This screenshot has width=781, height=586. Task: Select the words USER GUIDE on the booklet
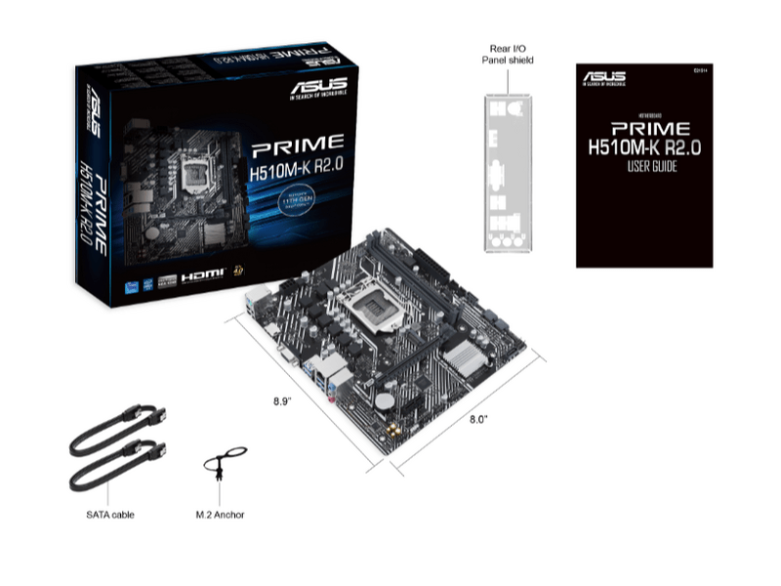644,167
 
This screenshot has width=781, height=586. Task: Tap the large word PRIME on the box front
297,148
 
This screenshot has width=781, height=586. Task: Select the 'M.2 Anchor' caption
220,514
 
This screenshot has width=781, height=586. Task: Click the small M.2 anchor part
222,467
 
